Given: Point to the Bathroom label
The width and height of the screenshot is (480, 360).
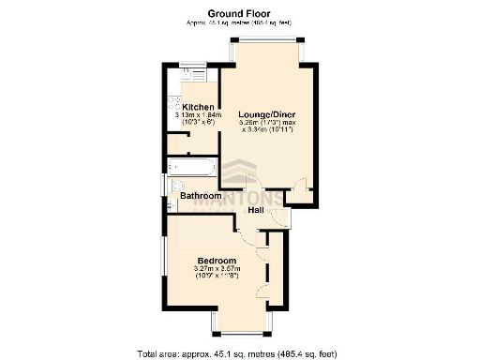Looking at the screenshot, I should [x=200, y=196].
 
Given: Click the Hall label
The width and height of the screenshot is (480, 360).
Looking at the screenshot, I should [x=255, y=211].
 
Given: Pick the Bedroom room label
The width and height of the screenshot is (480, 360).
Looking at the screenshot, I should [x=217, y=259].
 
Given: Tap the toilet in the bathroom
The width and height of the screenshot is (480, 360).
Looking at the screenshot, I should [x=169, y=203].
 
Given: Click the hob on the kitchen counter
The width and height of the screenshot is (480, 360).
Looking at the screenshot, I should [x=172, y=106].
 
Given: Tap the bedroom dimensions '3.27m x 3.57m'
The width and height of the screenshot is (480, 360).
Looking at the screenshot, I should [x=217, y=269].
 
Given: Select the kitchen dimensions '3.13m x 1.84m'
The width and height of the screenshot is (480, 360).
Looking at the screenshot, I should [x=199, y=116].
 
